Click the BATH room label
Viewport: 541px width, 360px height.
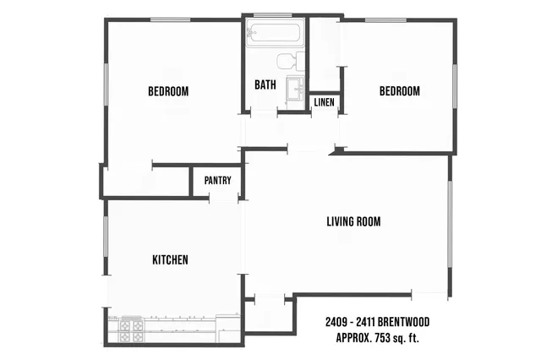pos(266,85)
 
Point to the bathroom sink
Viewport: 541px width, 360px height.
pos(294,89)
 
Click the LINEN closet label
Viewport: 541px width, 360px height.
pos(324,103)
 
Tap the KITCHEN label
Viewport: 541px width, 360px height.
pos(170,259)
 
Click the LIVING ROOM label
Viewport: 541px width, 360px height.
pos(353,222)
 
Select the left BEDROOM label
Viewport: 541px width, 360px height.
pos(168,91)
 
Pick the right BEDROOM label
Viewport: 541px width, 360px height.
pos(399,91)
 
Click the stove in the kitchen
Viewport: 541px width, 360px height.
pos(131,330)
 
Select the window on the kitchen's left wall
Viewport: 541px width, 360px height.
pos(105,244)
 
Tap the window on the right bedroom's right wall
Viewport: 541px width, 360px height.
pos(456,85)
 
